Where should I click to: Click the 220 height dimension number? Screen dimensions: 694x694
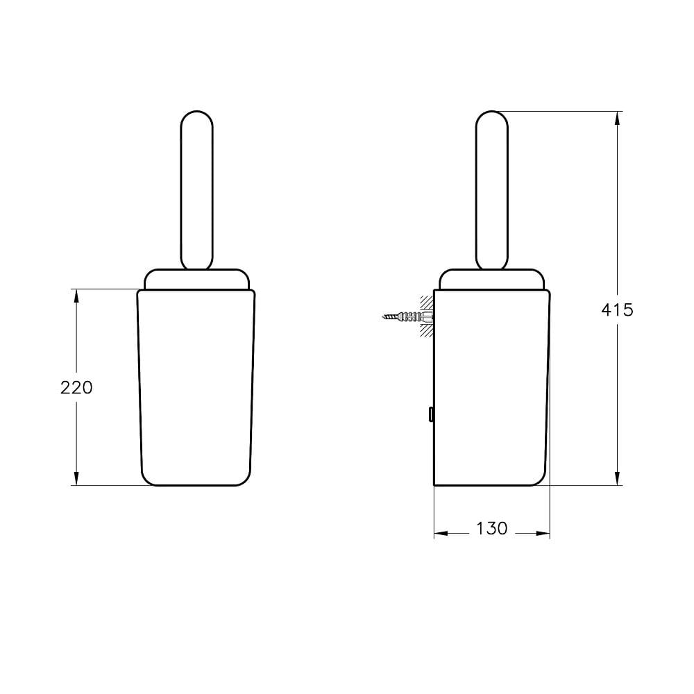tap(76, 387)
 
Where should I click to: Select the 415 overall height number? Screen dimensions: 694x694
tap(617, 310)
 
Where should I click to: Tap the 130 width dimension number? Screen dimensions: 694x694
tap(491, 528)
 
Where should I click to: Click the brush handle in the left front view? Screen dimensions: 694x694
tap(196, 189)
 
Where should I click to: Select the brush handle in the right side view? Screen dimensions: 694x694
tap(492, 189)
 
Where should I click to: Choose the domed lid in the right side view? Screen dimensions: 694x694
tap(492, 279)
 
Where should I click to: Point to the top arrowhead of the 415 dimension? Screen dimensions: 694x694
tap(617, 118)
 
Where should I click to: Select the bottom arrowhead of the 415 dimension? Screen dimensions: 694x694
tap(617, 478)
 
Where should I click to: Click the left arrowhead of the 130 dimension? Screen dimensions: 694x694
tap(440, 534)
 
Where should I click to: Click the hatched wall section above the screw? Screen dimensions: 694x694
tap(425, 303)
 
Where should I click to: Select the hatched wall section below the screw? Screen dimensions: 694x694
tap(425, 332)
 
